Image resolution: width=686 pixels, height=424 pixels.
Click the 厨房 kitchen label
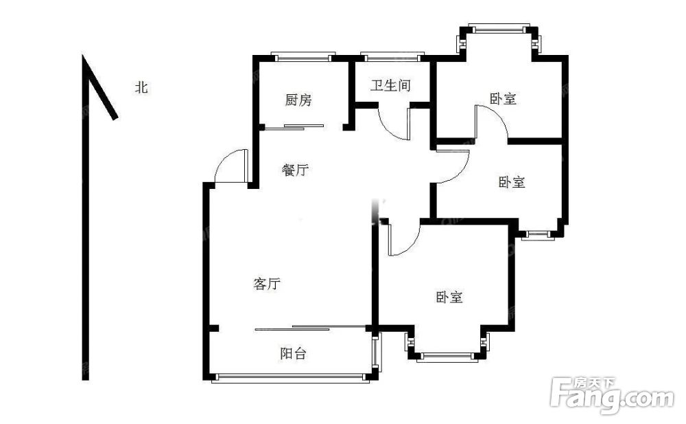pyautogui.click(x=298, y=100)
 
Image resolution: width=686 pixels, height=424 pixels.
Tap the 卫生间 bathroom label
pyautogui.click(x=391, y=85)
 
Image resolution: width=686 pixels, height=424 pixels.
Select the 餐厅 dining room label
pyautogui.click(x=295, y=170)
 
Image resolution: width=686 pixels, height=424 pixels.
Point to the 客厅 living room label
pyautogui.click(x=266, y=284)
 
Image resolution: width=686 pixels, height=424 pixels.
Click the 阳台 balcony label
pyautogui.click(x=293, y=353)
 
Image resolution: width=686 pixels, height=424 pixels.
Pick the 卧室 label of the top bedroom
pyautogui.click(x=503, y=98)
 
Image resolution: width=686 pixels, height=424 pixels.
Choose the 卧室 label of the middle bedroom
pyautogui.click(x=512, y=181)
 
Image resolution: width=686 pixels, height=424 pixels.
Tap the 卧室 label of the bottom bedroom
pyautogui.click(x=449, y=298)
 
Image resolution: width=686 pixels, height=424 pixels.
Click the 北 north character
pyautogui.click(x=141, y=88)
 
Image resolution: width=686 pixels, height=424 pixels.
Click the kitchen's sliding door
pyautogui.click(x=294, y=127)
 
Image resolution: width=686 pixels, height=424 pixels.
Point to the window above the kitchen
pyautogui.click(x=303, y=56)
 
